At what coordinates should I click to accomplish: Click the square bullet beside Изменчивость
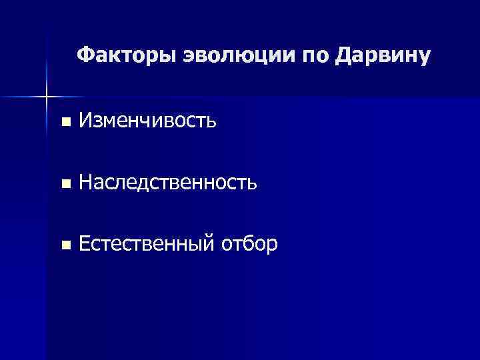pos(64,122)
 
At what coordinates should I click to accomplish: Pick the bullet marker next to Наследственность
pos(64,183)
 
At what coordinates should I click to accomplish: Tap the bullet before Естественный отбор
pos(64,245)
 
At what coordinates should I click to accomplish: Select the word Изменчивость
pos(146,121)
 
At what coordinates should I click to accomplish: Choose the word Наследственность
pos(167,182)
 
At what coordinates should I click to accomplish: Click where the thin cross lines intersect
pos(46,97)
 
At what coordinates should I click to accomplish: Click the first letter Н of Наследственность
pos(85,182)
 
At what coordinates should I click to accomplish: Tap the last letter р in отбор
pos(272,247)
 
